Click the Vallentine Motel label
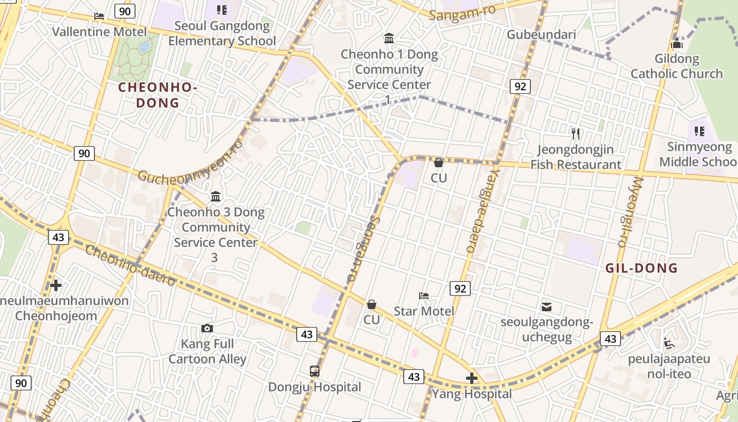tap(99, 32)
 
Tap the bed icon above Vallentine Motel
tap(99, 16)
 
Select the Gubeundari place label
tap(541, 34)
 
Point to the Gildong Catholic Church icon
tap(677, 44)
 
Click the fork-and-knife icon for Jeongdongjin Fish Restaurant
tap(576, 134)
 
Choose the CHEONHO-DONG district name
tap(158, 95)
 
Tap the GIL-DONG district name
tap(641, 268)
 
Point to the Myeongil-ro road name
tap(630, 211)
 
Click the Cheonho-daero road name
tap(130, 265)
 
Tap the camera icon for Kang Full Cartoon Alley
tap(207, 329)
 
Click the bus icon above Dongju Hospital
tap(315, 371)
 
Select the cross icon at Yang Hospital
tap(472, 378)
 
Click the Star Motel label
tap(424, 311)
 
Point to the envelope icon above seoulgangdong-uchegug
tap(547, 306)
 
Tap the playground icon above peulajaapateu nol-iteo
tap(669, 343)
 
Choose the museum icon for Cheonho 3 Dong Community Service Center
tap(216, 197)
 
